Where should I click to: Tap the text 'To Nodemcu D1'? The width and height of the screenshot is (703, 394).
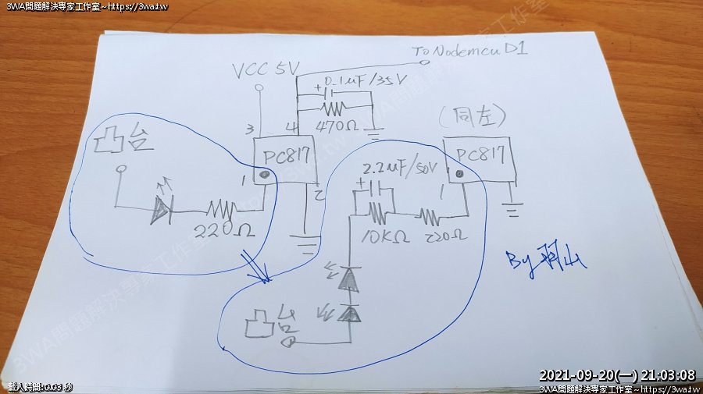pyautogui.click(x=471, y=51)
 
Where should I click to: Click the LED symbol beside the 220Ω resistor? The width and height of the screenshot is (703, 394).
pyautogui.click(x=162, y=208)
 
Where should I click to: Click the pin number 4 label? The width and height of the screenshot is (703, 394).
pyautogui.click(x=291, y=127)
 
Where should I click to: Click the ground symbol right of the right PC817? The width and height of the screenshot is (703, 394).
pyautogui.click(x=512, y=209)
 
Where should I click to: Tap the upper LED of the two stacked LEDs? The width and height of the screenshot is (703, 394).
pyautogui.click(x=348, y=280)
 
